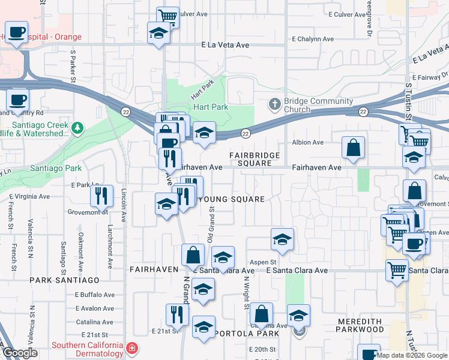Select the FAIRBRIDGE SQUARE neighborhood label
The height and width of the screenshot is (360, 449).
[x=255, y=159]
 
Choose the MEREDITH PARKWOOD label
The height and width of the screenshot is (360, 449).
[x=360, y=325]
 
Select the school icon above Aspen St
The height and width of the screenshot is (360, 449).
[x=282, y=239]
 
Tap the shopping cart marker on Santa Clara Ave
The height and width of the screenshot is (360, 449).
[x=397, y=271]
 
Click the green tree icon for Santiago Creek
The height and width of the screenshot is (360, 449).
[x=77, y=127]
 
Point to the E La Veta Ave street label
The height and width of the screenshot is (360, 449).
[x=225, y=44]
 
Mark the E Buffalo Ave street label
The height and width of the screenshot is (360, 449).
[x=94, y=295]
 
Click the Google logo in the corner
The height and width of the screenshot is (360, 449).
[x=20, y=353]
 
